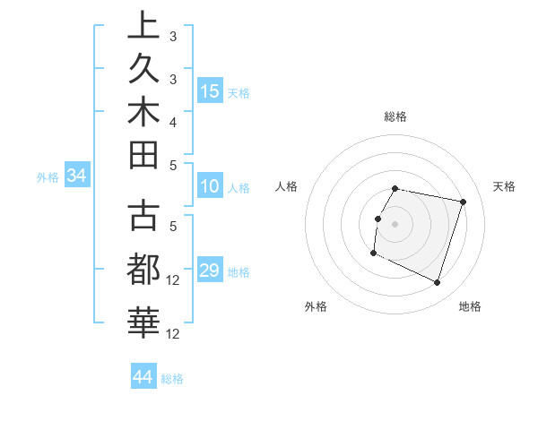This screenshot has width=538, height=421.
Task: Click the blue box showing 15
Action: [210, 90]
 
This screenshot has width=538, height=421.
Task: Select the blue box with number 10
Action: [210, 186]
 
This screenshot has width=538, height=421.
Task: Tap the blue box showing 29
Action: [210, 271]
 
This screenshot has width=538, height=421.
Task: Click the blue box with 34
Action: [77, 176]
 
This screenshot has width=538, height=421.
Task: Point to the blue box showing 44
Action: [143, 377]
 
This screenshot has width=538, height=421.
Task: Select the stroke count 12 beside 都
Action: [175, 280]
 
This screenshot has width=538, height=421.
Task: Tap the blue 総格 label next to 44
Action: [173, 379]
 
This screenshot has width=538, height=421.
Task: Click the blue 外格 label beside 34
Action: [48, 177]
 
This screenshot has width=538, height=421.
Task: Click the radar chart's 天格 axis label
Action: [504, 186]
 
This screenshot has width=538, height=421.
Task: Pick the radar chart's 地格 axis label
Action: [470, 307]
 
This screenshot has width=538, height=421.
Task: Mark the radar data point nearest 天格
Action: [464, 202]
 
